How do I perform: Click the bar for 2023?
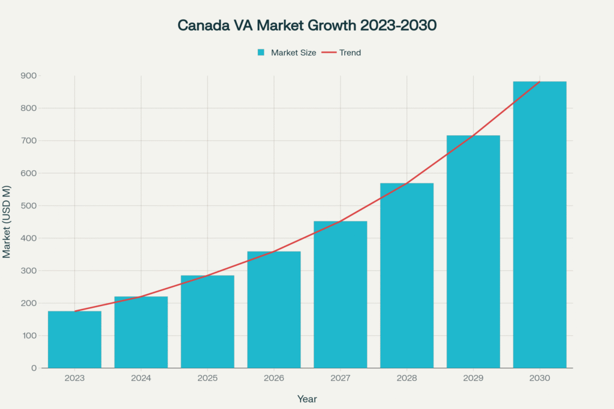(x=74, y=340)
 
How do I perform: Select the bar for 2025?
(x=207, y=322)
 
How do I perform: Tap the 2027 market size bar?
(x=340, y=295)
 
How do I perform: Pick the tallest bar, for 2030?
(x=540, y=225)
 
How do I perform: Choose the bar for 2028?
(x=407, y=275)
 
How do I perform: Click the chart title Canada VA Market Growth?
(x=306, y=26)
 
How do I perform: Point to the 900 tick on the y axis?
(x=29, y=75)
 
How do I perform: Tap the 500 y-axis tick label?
(x=29, y=205)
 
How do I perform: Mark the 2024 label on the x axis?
(x=141, y=378)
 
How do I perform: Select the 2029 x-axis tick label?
(x=473, y=378)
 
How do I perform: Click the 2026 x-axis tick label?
(x=274, y=378)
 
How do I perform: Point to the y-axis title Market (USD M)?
(x=7, y=222)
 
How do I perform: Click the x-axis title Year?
(x=306, y=399)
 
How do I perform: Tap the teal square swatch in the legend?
(x=261, y=53)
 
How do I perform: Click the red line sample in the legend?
(x=329, y=53)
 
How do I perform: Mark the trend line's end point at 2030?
(x=540, y=82)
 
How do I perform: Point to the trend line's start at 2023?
(x=74, y=311)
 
